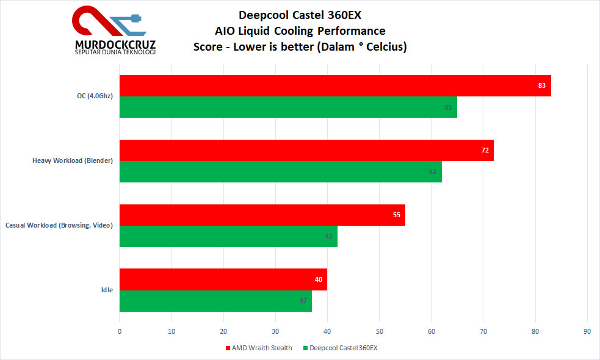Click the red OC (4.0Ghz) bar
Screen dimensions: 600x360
pyautogui.click(x=335, y=85)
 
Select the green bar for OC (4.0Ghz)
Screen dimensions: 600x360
pyautogui.click(x=288, y=107)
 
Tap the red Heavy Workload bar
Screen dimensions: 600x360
pyautogui.click(x=306, y=150)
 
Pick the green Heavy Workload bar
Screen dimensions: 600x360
pyautogui.click(x=281, y=172)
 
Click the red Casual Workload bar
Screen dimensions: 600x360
pyautogui.click(x=262, y=215)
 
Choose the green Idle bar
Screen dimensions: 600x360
pyautogui.click(x=215, y=301)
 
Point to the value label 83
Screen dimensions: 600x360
pyautogui.click(x=542, y=85)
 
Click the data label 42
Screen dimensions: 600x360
pyautogui.click(x=329, y=236)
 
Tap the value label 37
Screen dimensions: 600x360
pyautogui.click(x=303, y=301)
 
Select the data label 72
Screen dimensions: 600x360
pyautogui.click(x=485, y=150)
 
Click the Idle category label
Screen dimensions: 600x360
pyautogui.click(x=107, y=290)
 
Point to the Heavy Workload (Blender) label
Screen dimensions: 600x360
pyautogui.click(x=73, y=160)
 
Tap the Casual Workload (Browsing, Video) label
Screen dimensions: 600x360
pyautogui.click(x=59, y=225)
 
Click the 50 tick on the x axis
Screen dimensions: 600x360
pyautogui.click(x=379, y=331)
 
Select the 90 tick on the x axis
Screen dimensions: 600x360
pyautogui.click(x=587, y=331)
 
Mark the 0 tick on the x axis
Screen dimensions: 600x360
pyautogui.click(x=120, y=331)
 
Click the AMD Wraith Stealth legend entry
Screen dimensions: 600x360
pyautogui.click(x=259, y=348)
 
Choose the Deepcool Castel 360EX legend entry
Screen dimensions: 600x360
pyautogui.click(x=340, y=348)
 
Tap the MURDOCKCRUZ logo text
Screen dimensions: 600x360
pyautogui.click(x=115, y=45)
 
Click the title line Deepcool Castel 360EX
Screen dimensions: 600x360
pyautogui.click(x=300, y=15)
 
